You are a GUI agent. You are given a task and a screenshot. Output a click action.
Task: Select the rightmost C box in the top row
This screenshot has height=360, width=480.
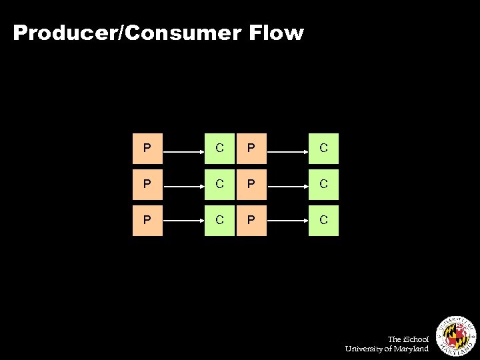pos(323,149)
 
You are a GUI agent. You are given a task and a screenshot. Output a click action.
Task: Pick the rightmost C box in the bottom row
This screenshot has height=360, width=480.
pos(323,221)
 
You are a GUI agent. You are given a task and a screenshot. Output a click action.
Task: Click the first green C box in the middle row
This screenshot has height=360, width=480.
pos(220,185)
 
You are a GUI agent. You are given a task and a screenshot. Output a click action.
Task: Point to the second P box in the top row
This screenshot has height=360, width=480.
pos(251,149)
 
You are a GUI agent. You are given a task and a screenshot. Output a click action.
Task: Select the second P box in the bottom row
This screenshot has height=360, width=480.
pos(251,221)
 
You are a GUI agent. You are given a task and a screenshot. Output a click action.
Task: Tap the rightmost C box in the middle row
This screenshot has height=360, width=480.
pos(323,185)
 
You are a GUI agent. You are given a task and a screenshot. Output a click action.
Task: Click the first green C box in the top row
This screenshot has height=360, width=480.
pos(220,149)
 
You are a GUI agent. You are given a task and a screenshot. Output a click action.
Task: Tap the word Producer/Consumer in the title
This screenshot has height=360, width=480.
pos(125,33)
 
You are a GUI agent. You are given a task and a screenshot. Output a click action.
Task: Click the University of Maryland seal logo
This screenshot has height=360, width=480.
pos(456,334)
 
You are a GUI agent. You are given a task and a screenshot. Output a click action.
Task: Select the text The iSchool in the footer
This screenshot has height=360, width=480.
pos(408,339)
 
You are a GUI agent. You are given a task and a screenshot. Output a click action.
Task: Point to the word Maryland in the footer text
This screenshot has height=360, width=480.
pos(411,349)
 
